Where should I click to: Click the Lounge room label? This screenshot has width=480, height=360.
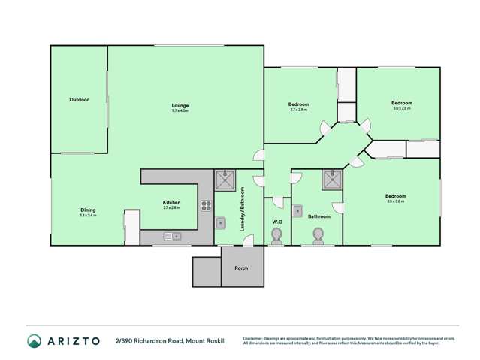[x=180, y=105]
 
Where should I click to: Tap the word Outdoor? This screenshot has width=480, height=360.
[x=79, y=99]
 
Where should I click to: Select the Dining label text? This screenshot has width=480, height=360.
[x=88, y=210]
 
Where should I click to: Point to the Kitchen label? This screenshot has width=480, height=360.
[x=172, y=202]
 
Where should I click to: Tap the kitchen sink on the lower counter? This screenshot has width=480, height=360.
[x=175, y=237]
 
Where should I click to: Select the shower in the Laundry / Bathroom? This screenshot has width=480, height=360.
[x=225, y=180]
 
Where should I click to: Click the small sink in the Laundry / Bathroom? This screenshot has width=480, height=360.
[x=221, y=222]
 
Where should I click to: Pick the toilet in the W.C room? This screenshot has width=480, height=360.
[x=276, y=237]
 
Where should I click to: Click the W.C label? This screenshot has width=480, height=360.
[x=276, y=222]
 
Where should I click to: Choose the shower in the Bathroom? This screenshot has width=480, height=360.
[x=331, y=180]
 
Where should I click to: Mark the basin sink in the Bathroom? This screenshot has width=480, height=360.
[x=298, y=210]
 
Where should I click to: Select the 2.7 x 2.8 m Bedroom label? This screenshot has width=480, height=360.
[x=298, y=104]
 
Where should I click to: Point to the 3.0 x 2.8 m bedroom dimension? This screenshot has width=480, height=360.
[x=401, y=108]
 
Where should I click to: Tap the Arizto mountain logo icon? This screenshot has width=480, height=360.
[x=33, y=341]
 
